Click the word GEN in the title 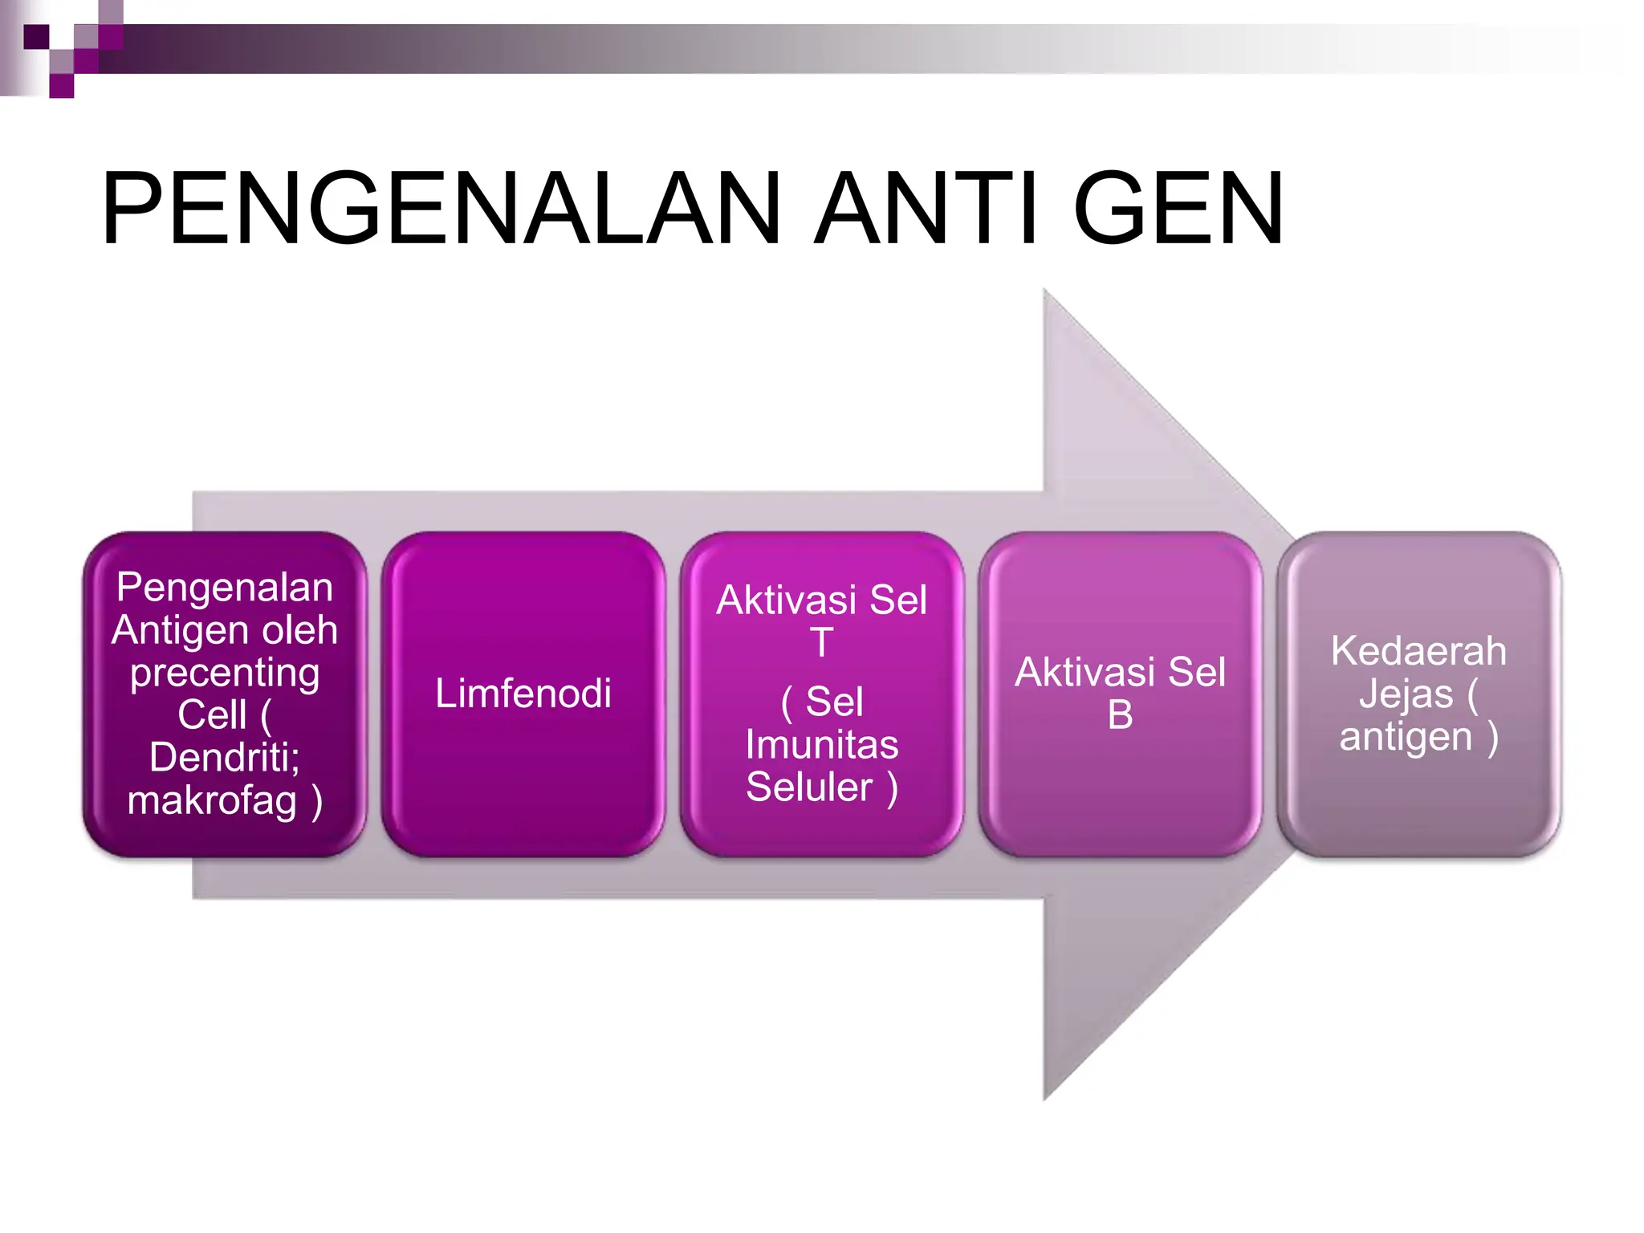(1178, 209)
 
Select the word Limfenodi (523, 694)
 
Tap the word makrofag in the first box (212, 801)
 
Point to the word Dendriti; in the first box (224, 757)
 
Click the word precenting (225, 673)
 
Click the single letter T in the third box (821, 642)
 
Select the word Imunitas (821, 744)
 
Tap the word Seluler (808, 787)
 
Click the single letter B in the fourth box (1120, 714)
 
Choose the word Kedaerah (1418, 651)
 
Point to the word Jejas (1406, 694)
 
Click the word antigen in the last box (1405, 737)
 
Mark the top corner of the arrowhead (1044, 291)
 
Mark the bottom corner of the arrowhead (1044, 1098)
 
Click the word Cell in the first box (211, 714)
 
